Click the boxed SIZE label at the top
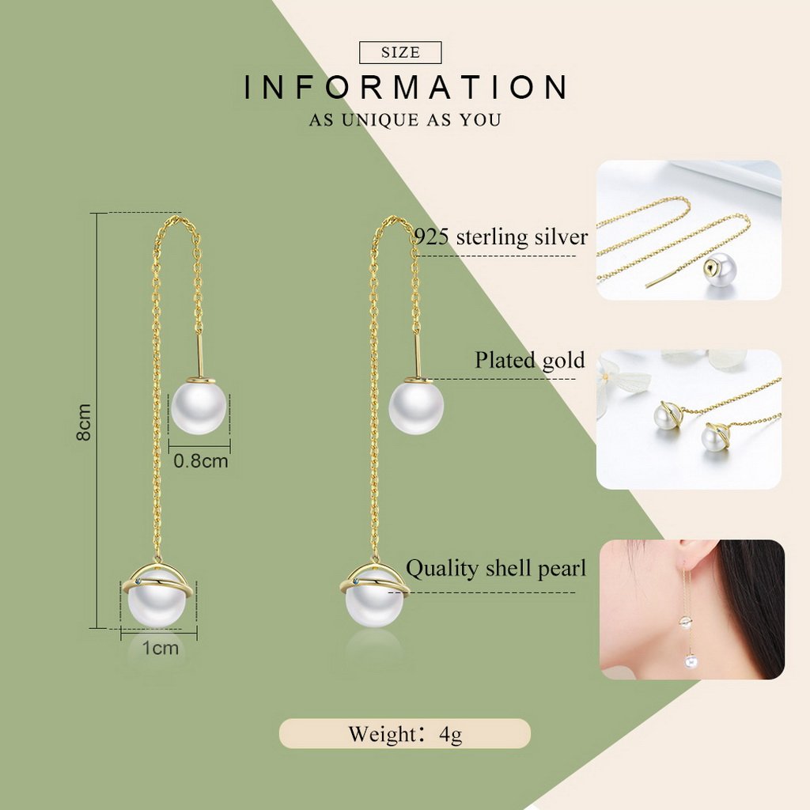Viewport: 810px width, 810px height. tap(400, 52)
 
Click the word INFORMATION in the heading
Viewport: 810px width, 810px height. tap(406, 87)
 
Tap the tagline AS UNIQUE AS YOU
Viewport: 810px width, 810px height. tap(406, 120)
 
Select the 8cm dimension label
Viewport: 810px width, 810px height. tap(83, 422)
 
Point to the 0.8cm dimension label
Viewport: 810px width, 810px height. tap(201, 461)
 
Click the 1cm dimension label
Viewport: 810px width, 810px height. tap(160, 648)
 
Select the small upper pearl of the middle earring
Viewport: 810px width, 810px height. tap(416, 407)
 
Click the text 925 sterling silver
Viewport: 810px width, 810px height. tap(502, 237)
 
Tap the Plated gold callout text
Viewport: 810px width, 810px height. tap(530, 360)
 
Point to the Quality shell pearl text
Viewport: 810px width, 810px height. tap(496, 568)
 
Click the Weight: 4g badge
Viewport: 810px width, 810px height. tap(405, 733)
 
